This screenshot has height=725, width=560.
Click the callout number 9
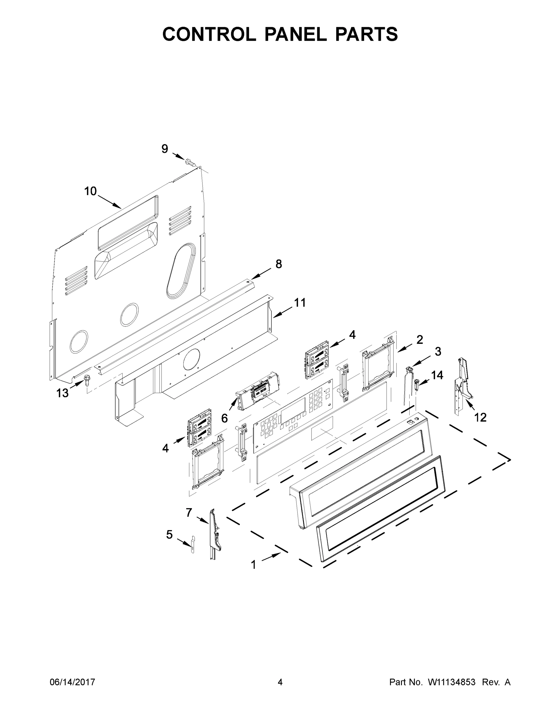[165, 149]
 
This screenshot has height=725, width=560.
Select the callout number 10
[90, 191]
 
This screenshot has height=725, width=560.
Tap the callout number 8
[279, 264]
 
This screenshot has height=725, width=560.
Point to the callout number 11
[300, 303]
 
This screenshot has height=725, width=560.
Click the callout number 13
[62, 393]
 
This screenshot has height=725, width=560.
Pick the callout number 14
[437, 375]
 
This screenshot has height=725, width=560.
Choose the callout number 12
[480, 417]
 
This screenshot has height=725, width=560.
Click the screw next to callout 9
[189, 162]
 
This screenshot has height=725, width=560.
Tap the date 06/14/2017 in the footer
[72, 682]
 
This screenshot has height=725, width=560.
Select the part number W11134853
[452, 682]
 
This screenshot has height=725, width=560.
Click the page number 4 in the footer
[280, 682]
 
